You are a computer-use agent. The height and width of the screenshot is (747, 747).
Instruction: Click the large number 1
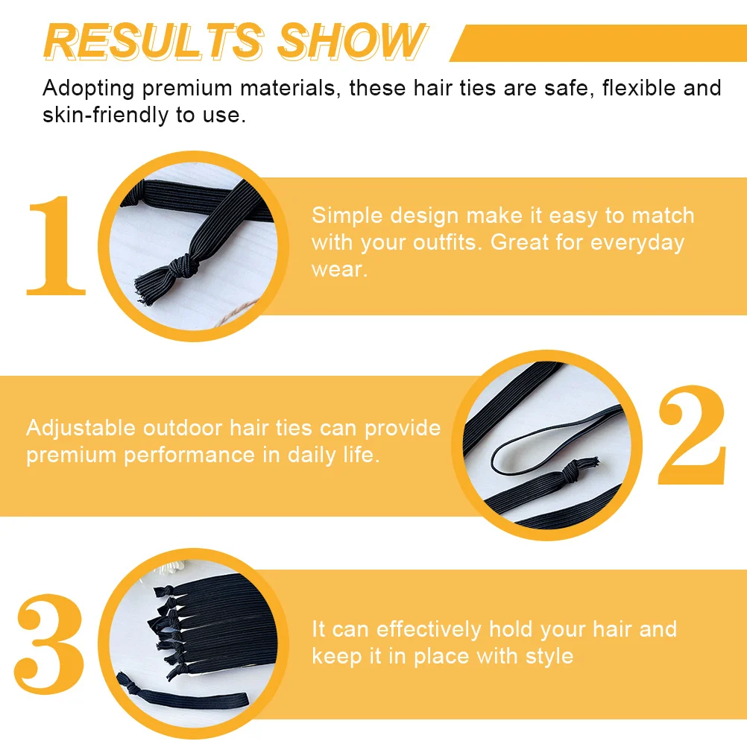(56, 246)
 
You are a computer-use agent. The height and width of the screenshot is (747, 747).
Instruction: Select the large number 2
(691, 436)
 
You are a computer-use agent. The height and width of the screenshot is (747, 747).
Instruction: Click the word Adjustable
(81, 428)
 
